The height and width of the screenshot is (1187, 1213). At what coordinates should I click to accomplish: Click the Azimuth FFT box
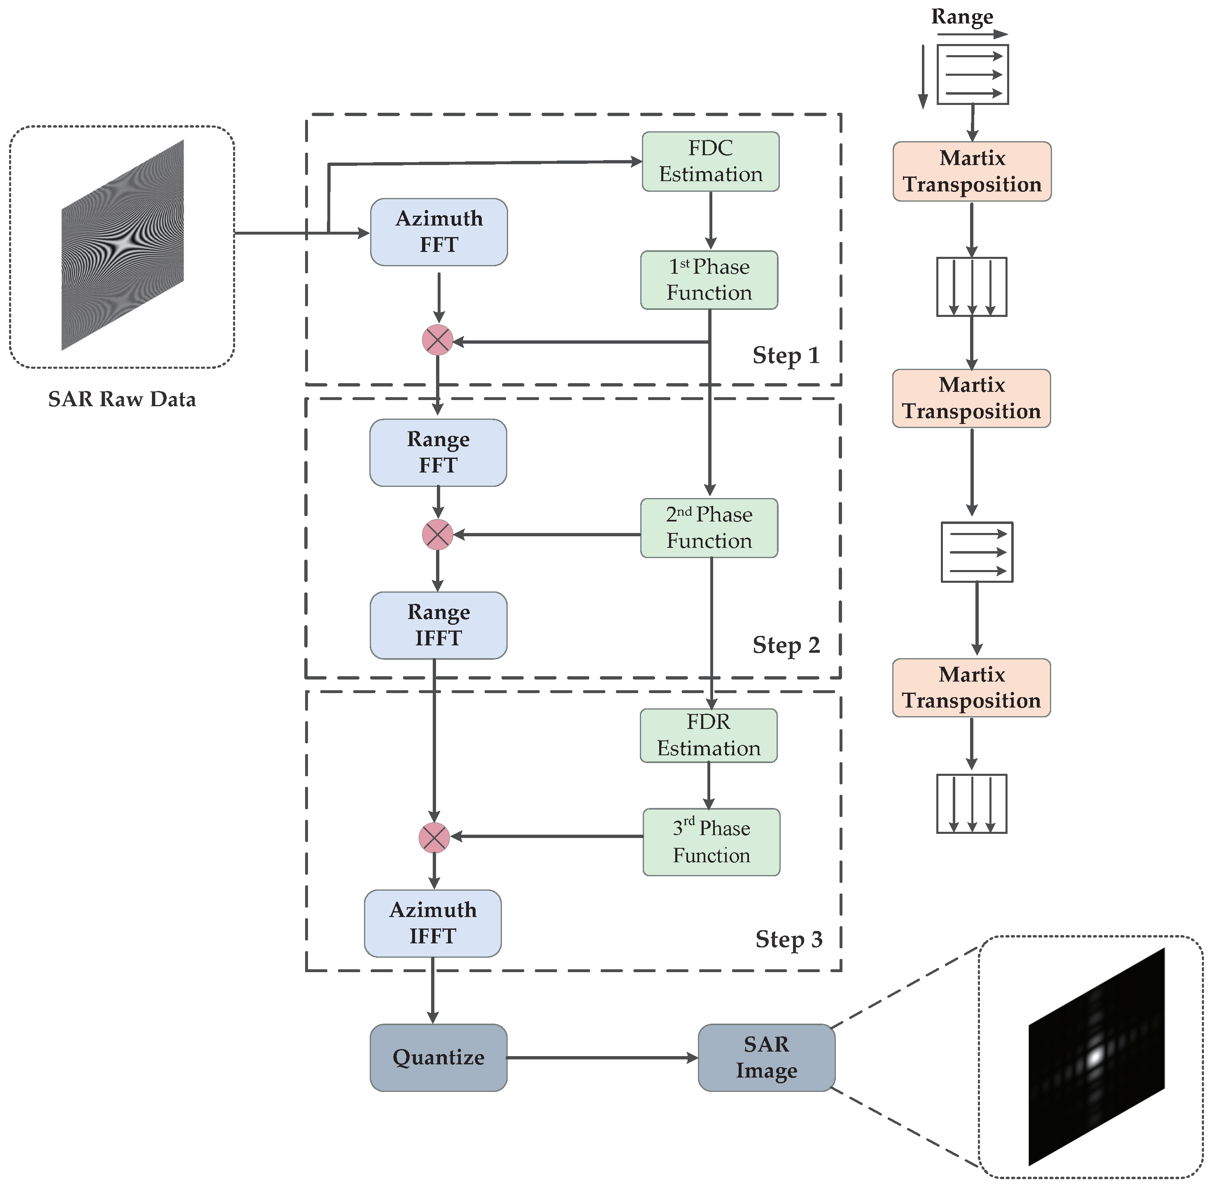click(439, 232)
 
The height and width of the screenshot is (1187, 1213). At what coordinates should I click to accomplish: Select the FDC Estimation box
click(710, 161)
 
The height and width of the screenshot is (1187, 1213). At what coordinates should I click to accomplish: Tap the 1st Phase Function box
click(709, 280)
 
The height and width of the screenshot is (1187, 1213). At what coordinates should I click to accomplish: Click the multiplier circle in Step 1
click(438, 340)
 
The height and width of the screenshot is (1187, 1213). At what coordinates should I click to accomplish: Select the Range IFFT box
click(439, 625)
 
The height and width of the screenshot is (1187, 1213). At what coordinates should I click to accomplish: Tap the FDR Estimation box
click(709, 735)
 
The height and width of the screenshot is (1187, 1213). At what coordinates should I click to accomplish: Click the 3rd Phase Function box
click(711, 842)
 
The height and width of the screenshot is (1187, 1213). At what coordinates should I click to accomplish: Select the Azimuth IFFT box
click(433, 923)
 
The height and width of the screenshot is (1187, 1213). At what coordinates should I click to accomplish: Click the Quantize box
click(439, 1057)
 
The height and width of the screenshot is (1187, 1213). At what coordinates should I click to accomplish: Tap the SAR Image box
click(767, 1057)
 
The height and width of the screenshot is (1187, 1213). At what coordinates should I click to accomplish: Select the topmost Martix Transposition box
click(972, 172)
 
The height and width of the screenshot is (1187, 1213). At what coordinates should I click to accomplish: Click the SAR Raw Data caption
click(122, 399)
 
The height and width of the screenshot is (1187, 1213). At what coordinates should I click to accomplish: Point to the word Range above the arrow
click(962, 17)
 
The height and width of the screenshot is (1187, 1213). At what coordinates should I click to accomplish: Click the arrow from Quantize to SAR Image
click(602, 1058)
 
